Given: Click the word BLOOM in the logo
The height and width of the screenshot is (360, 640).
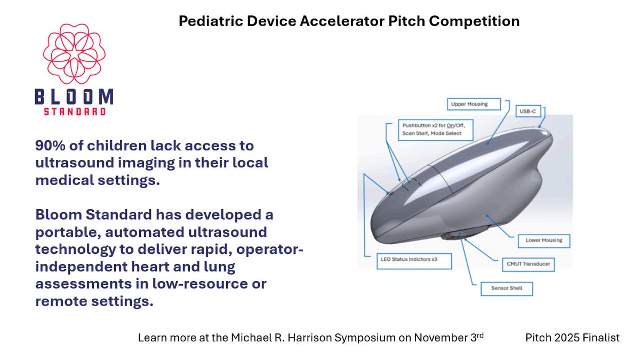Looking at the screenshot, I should pyautogui.click(x=74, y=98).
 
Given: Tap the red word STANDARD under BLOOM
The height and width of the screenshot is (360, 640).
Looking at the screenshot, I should pyautogui.click(x=74, y=112).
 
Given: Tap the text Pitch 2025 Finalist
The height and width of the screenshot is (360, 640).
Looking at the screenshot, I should pyautogui.click(x=572, y=338).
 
